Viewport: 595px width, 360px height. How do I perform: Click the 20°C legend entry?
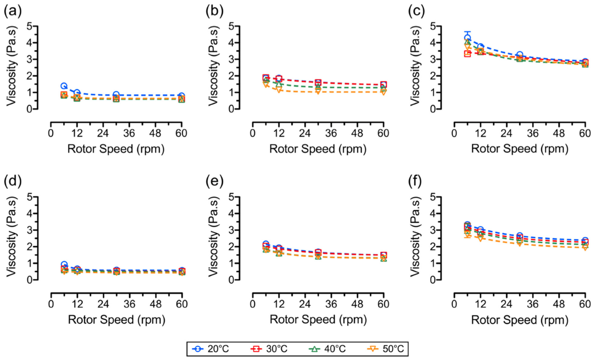click(x=211, y=349)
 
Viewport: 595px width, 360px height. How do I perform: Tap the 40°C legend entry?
click(x=327, y=349)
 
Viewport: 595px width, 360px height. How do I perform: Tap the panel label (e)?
click(x=214, y=181)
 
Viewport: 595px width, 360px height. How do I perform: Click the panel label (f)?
click(x=415, y=181)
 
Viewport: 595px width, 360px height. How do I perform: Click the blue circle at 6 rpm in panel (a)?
click(x=64, y=86)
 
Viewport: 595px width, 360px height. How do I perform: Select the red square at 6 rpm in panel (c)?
click(x=468, y=54)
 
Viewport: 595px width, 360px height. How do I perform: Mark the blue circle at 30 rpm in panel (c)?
click(x=520, y=55)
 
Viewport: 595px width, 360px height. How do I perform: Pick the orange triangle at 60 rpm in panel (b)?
click(x=383, y=92)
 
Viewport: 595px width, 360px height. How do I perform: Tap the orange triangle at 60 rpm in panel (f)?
click(x=585, y=248)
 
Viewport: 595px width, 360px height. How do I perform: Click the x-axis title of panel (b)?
click(x=318, y=149)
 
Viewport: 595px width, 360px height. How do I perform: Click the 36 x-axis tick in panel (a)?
click(x=129, y=133)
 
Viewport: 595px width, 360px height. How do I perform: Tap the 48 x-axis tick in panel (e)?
click(x=357, y=304)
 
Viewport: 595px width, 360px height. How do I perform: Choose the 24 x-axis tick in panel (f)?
click(x=506, y=304)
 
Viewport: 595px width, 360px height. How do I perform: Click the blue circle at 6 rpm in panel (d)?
click(x=64, y=265)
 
